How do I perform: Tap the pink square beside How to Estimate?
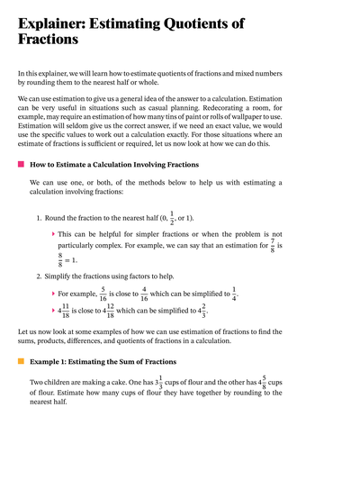(x=21, y=165)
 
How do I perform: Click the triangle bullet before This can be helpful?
(x=53, y=233)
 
